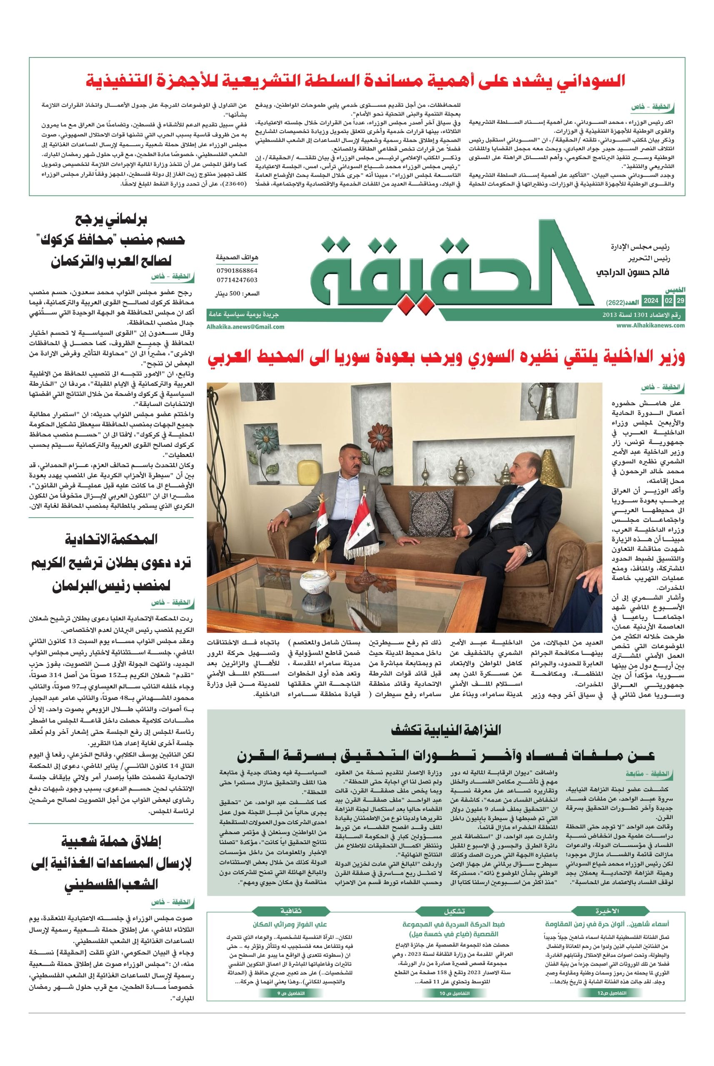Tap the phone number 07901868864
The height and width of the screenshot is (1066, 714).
tap(237, 270)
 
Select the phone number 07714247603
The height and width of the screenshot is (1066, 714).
tap(237, 280)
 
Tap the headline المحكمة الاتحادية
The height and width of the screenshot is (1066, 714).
tap(112, 540)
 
